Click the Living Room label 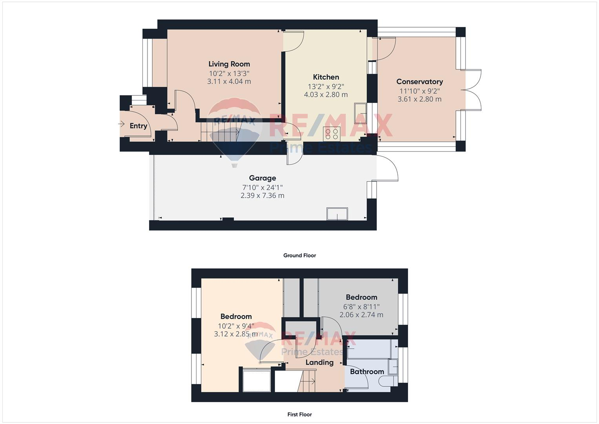[229, 64]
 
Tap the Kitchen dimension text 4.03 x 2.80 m [326, 95]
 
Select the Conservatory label [419, 82]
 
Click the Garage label [262, 178]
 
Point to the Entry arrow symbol [121, 124]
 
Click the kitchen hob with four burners [331, 134]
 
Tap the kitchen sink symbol [360, 110]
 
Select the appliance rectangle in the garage [337, 214]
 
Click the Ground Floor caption [299, 255]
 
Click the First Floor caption [299, 414]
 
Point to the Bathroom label [367, 371]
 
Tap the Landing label [319, 362]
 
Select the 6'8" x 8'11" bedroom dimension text [361, 307]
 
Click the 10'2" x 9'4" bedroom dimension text [236, 326]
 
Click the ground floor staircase [220, 132]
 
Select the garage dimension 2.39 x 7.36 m [262, 196]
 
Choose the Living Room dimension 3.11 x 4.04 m [229, 82]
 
